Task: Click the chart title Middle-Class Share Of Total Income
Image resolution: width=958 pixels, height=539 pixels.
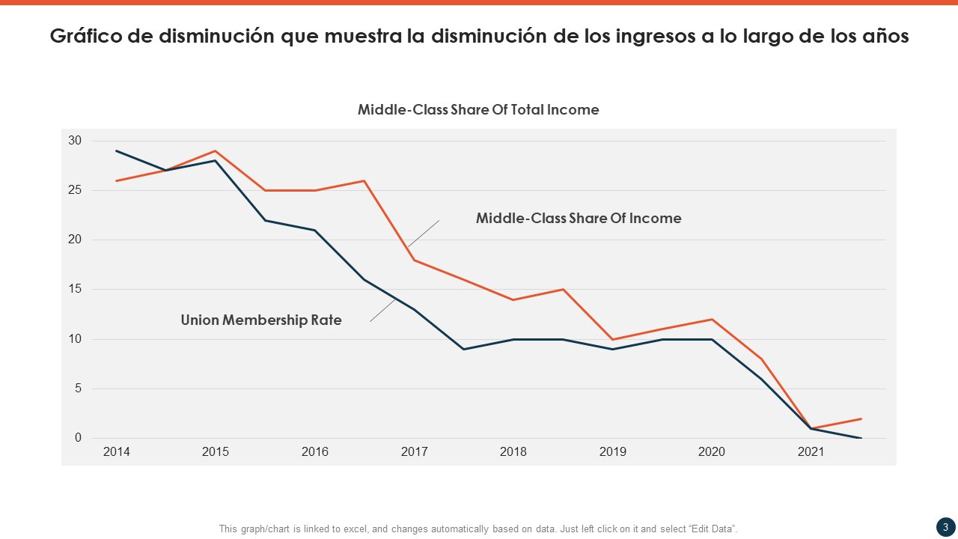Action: click(x=478, y=110)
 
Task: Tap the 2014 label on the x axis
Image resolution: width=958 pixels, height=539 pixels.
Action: click(x=116, y=452)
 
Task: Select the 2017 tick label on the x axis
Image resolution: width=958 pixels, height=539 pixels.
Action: click(x=414, y=452)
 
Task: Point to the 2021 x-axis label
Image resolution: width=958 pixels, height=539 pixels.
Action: click(x=811, y=452)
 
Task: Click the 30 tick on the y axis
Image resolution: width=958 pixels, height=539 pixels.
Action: click(x=75, y=141)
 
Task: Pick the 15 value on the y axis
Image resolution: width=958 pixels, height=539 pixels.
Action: click(x=75, y=290)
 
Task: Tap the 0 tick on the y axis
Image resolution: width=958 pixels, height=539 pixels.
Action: click(x=77, y=438)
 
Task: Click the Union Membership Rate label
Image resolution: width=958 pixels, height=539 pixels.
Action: click(x=261, y=320)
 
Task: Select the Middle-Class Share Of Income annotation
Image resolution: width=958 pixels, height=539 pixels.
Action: click(x=579, y=219)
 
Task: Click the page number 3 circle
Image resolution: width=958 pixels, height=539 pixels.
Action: click(x=945, y=527)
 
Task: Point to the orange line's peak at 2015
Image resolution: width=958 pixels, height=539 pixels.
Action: click(x=216, y=151)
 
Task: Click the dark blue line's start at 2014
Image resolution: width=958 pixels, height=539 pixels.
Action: click(x=117, y=151)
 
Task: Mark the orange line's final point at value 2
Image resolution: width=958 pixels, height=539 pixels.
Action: click(x=861, y=418)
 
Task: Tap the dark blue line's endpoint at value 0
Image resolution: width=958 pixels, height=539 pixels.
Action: click(x=861, y=438)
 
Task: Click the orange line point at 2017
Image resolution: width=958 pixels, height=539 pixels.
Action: click(x=414, y=260)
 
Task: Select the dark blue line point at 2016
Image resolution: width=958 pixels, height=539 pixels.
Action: click(x=314, y=230)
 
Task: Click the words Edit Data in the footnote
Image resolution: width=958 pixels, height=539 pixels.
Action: click(x=713, y=529)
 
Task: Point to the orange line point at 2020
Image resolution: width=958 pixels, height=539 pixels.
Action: click(x=712, y=320)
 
